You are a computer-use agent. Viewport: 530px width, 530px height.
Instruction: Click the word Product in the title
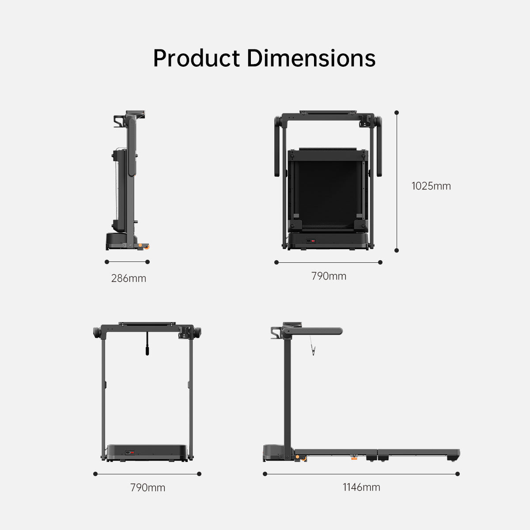click(x=197, y=58)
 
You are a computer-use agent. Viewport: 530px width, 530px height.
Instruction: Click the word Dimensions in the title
click(x=311, y=58)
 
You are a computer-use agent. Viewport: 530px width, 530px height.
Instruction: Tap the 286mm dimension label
click(x=129, y=278)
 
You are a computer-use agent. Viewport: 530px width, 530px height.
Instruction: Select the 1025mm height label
click(x=431, y=186)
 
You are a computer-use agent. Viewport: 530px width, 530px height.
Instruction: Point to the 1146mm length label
click(x=361, y=487)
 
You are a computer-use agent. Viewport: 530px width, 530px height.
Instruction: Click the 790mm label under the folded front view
click(x=329, y=276)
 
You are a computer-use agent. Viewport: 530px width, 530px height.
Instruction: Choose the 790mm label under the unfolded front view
click(x=148, y=488)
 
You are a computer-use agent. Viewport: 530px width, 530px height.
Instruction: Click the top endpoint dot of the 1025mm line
click(x=397, y=113)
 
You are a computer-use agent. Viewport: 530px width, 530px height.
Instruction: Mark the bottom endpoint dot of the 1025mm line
click(x=397, y=250)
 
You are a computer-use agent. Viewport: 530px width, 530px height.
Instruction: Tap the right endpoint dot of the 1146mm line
click(x=458, y=474)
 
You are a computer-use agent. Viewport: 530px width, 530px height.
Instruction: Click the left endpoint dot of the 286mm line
click(x=107, y=262)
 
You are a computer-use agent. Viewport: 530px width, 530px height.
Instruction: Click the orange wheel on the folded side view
click(x=141, y=245)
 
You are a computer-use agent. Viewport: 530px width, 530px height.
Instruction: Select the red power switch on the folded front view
click(x=313, y=241)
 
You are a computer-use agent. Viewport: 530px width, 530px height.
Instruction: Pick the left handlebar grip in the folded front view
click(x=278, y=146)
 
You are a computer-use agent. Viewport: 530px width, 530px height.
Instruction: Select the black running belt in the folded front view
click(x=328, y=190)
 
